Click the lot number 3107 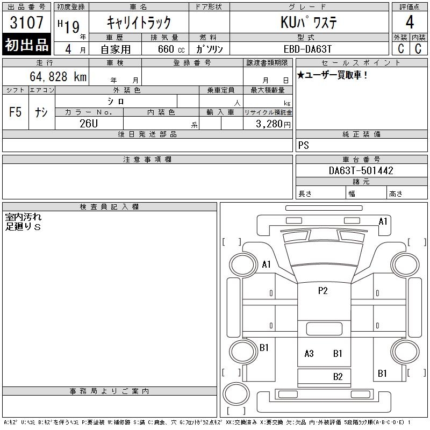click(x=26, y=22)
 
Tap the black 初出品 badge click(x=26, y=44)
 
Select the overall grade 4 click(x=410, y=22)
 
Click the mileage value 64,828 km click(x=58, y=76)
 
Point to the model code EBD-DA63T click(x=307, y=49)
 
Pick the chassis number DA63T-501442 click(x=361, y=170)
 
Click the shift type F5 click(x=15, y=112)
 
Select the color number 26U click(x=89, y=124)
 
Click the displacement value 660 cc click(x=171, y=49)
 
